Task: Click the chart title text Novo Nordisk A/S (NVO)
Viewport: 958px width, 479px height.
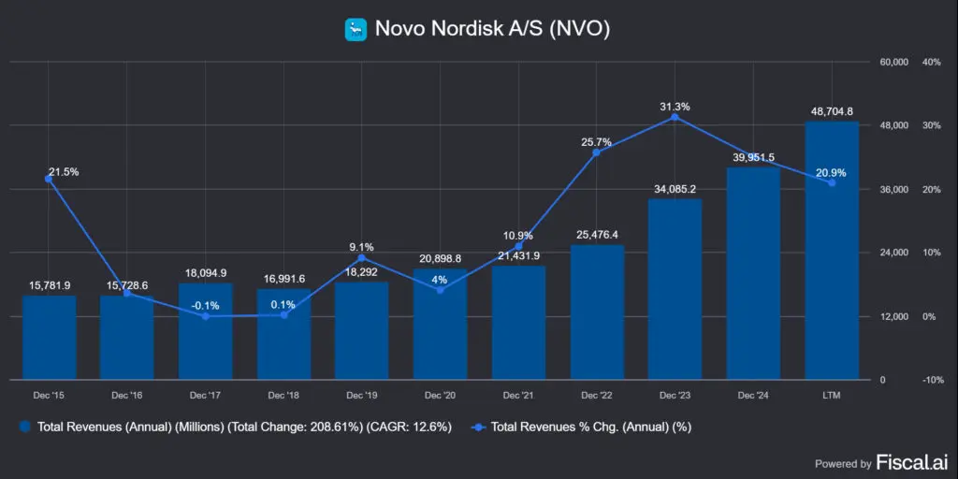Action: point(492,29)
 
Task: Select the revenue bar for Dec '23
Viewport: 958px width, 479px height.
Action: point(675,289)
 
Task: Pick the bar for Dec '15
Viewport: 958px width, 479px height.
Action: point(49,338)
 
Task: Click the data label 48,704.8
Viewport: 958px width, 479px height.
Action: point(832,110)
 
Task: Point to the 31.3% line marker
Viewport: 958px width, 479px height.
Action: point(675,117)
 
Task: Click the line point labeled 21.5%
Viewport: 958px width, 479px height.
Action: point(49,179)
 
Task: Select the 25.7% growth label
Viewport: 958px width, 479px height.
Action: point(596,142)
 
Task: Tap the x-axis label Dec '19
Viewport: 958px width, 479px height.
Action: point(361,397)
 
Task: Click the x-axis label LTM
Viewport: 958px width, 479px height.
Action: point(832,397)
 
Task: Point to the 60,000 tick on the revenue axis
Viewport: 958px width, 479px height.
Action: point(895,63)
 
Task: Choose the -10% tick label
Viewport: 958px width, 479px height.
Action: point(931,380)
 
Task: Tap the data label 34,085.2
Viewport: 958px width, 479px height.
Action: point(675,188)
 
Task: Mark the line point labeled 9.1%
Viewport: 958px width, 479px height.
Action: point(361,258)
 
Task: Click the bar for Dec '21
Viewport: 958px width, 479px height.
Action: point(518,323)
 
